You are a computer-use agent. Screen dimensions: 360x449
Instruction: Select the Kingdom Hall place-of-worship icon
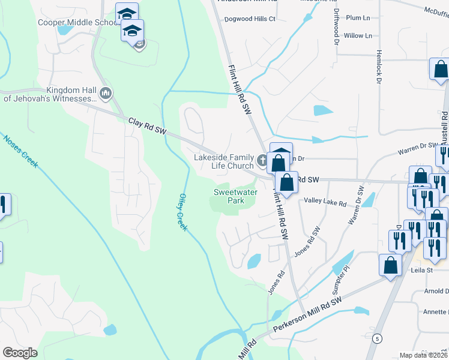pos(107,93)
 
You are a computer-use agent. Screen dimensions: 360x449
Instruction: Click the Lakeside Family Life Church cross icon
pos(262,160)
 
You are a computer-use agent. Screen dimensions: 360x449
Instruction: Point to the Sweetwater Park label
pos(229,196)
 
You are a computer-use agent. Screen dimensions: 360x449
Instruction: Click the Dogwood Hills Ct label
pos(250,19)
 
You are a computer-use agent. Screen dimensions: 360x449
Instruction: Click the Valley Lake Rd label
pos(325,203)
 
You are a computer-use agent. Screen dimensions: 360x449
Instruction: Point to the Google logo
pos(20,353)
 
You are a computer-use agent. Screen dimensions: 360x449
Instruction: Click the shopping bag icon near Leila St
pos(390,265)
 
